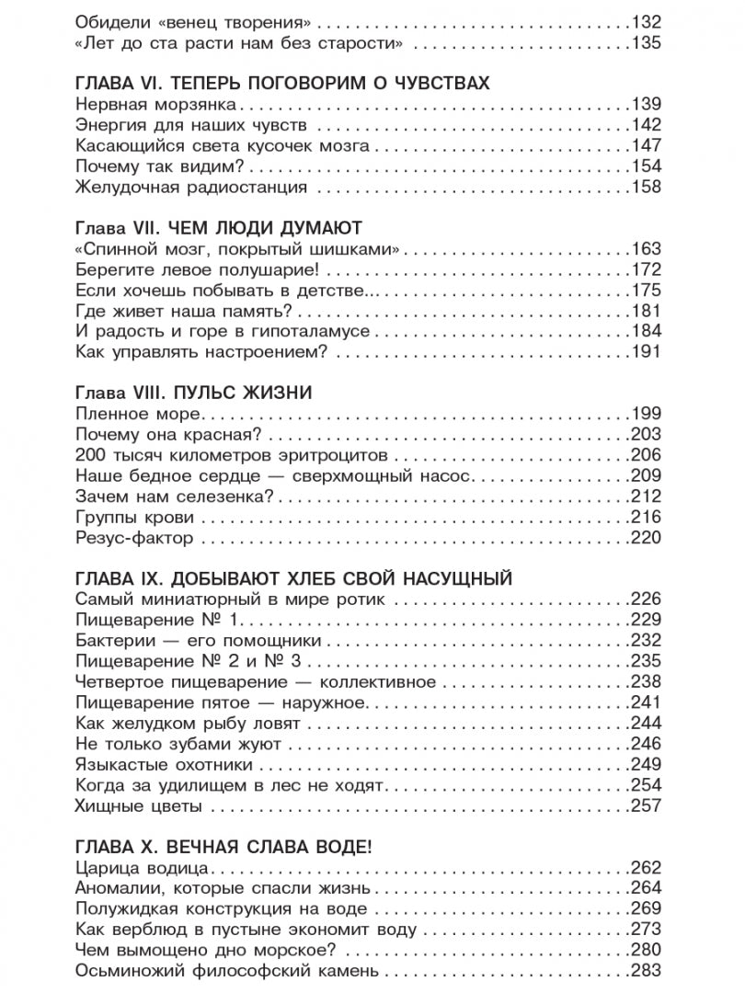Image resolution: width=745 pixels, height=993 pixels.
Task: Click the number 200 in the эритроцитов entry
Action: click(88, 455)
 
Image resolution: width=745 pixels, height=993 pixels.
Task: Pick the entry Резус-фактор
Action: click(132, 538)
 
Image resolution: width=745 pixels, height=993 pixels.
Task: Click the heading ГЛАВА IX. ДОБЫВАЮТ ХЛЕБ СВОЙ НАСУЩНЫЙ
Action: click(292, 579)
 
